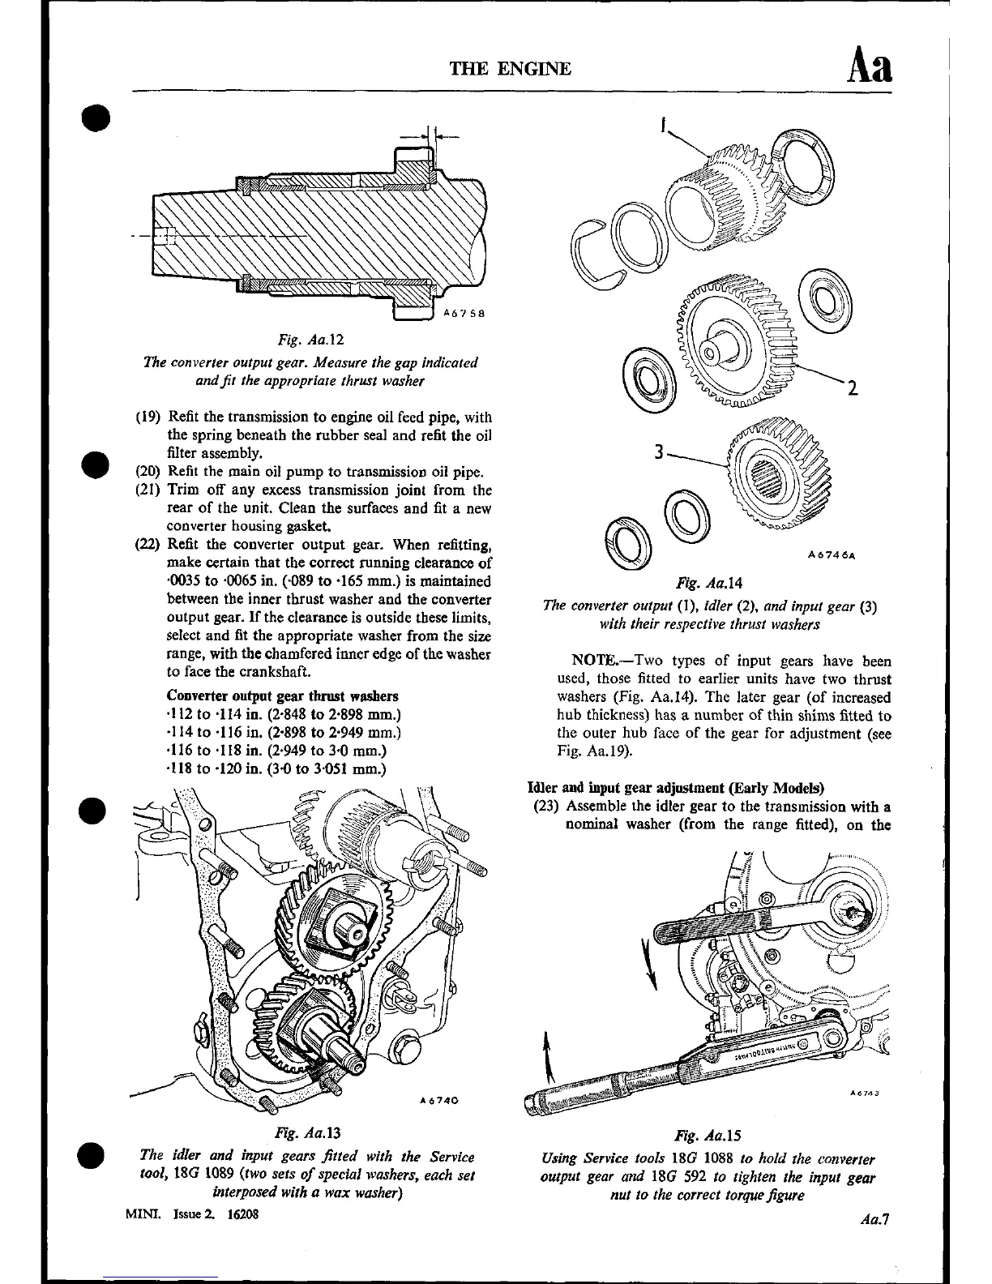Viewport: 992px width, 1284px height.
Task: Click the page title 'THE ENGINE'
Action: (511, 68)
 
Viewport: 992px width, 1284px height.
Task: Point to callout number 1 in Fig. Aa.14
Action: (663, 126)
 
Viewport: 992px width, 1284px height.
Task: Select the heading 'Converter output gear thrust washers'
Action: (282, 696)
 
